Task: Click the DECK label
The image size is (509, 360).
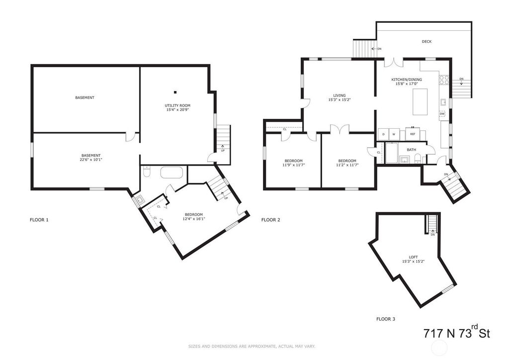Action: click(426, 42)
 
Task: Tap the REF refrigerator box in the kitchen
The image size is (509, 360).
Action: click(413, 134)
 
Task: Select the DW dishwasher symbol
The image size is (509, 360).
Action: click(442, 114)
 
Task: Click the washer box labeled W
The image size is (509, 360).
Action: click(394, 134)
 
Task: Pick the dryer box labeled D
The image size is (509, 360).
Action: click(383, 134)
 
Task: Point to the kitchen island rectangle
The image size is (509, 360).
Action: click(420, 101)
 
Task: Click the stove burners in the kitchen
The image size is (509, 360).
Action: click(444, 80)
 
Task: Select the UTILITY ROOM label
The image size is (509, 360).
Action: click(177, 105)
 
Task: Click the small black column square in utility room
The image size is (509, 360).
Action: click(175, 92)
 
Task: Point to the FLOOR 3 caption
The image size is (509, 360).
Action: click(386, 319)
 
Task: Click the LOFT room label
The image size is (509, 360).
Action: click(413, 257)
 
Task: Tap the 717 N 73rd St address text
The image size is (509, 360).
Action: click(457, 333)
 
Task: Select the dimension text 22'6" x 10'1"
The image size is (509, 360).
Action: click(91, 160)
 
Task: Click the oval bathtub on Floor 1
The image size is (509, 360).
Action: click(171, 173)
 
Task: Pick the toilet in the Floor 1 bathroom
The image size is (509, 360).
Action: click(147, 172)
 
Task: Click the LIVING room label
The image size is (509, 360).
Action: click(339, 95)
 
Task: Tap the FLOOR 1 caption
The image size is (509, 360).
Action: click(39, 220)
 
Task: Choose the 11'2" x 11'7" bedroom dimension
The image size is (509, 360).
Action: click(347, 165)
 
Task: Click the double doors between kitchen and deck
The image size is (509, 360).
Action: click(394, 62)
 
